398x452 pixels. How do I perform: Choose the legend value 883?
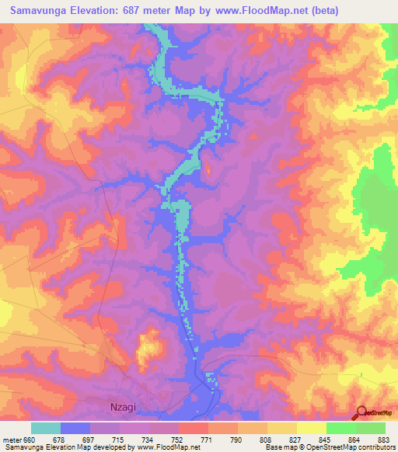click(x=384, y=439)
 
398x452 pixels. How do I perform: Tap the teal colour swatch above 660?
click(x=46, y=428)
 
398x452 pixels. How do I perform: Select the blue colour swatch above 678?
click(x=75, y=428)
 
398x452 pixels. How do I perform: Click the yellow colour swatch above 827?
click(x=282, y=428)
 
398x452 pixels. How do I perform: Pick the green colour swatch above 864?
click(x=341, y=428)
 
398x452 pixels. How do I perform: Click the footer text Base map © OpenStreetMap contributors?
click(x=330, y=447)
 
